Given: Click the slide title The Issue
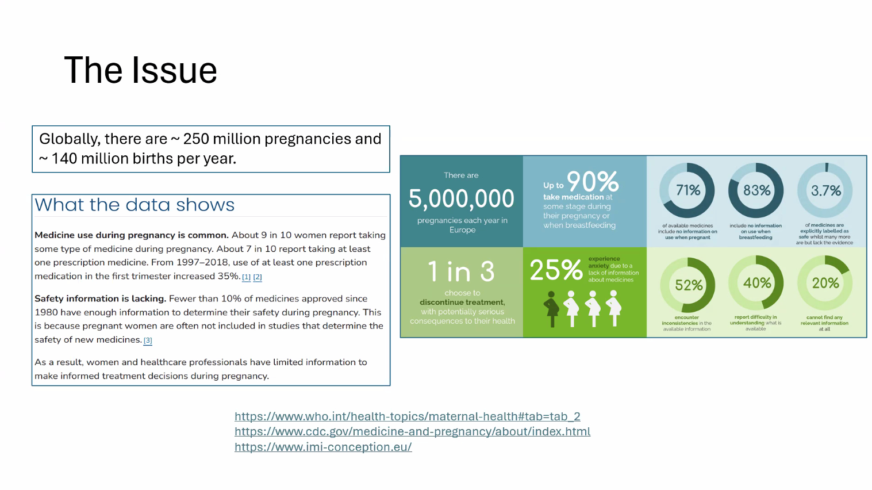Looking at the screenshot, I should click(140, 70).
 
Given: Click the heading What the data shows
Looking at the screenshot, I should click(135, 205).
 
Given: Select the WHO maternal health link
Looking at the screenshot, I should click(407, 416).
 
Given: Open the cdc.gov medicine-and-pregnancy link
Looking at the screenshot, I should click(412, 431).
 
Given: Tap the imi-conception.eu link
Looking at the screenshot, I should click(323, 447).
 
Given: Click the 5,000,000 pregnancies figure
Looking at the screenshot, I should click(461, 199).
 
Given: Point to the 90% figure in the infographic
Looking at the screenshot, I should click(593, 182).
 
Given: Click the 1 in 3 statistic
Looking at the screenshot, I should click(461, 271).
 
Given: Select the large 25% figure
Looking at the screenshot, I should click(556, 270).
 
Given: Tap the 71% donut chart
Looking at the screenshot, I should click(687, 190).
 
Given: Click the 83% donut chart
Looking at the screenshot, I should click(756, 190).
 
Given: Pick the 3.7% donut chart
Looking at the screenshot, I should click(825, 190).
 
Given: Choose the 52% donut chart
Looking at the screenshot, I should click(688, 285).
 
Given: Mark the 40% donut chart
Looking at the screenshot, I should click(756, 283).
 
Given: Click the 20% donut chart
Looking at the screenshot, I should click(825, 283).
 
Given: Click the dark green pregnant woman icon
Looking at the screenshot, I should click(552, 308).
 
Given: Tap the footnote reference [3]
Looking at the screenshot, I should click(148, 340).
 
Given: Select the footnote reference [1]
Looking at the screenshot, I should click(246, 277).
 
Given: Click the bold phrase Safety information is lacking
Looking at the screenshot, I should click(100, 298).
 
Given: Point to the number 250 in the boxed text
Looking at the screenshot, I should click(196, 139).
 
